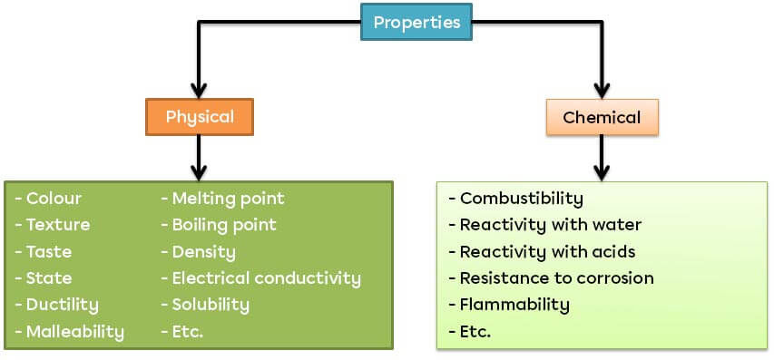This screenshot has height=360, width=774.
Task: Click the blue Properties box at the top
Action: pos(416,22)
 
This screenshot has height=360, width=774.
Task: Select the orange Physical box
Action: pos(200,117)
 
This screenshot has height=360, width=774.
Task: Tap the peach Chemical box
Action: pos(602,118)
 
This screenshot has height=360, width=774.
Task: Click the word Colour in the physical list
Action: pos(54,199)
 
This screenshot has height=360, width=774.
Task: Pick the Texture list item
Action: pos(58,225)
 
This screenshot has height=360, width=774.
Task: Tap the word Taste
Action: pos(49,251)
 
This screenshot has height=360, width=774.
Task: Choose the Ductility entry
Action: pos(62,305)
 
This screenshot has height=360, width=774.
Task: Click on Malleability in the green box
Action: pos(74,331)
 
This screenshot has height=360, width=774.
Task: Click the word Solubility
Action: pos(210,305)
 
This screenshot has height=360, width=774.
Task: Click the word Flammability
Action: pos(514,305)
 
